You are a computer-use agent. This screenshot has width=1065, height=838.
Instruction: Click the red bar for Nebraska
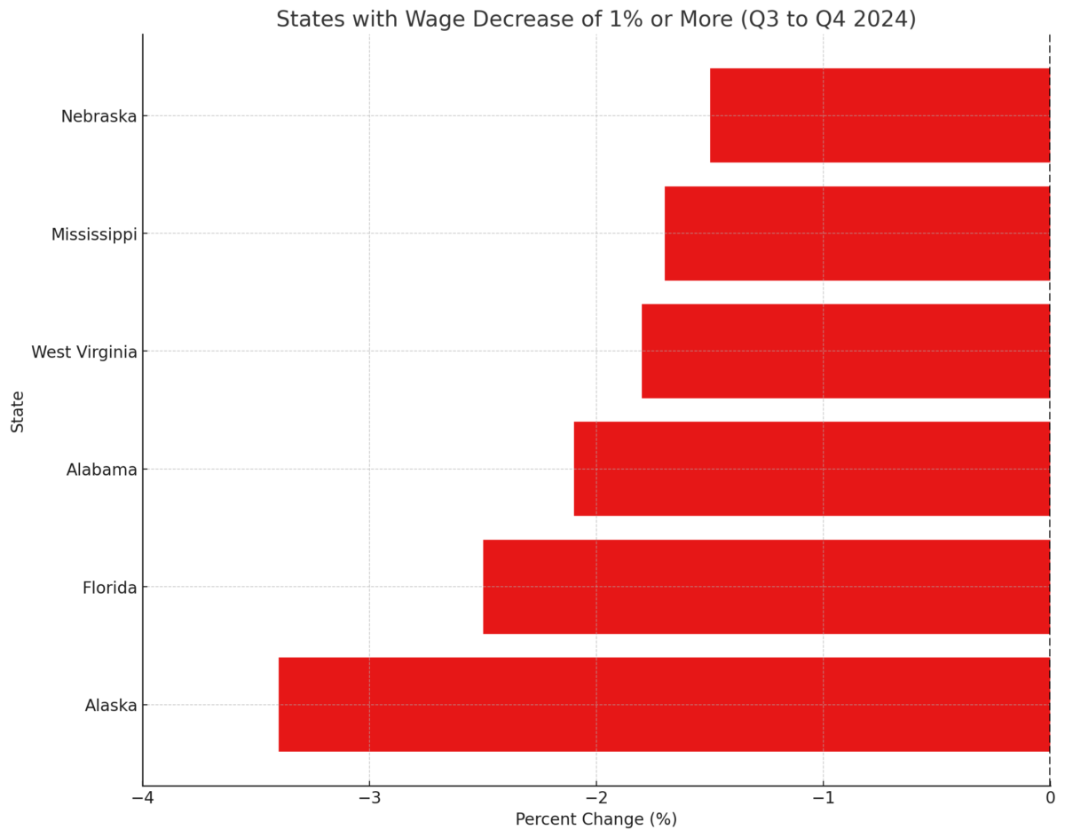coord(879,115)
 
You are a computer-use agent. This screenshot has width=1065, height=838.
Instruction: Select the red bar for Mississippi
coord(856,233)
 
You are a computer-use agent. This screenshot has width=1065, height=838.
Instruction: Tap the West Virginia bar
coord(845,352)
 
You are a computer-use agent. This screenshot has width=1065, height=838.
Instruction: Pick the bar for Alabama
coord(811,469)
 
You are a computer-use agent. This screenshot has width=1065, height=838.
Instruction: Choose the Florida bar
coord(766,587)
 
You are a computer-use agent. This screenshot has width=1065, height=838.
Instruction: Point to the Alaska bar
coord(664,705)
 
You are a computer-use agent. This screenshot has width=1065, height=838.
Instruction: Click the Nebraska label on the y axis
coord(99,116)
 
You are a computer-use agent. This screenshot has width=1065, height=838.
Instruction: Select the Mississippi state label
coord(94,234)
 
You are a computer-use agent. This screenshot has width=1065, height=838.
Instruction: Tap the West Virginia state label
coord(84,352)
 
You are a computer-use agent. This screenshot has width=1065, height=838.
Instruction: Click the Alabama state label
coord(101,470)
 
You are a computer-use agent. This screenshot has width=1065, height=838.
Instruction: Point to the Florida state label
coord(109,588)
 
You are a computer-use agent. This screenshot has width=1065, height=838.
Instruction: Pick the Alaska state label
coord(111,706)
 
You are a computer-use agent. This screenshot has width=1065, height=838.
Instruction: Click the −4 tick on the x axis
coord(142,797)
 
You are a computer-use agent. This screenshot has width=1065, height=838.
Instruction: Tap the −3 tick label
coord(369,797)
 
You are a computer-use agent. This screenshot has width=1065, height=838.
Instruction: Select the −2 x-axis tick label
coord(596,797)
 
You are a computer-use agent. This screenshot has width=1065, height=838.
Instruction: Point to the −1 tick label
coord(823,797)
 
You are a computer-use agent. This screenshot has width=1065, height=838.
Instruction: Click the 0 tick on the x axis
coord(1050,797)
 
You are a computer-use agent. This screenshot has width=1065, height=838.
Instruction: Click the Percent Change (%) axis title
coord(596,819)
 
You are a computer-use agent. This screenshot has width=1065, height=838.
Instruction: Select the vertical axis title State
coord(18,411)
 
